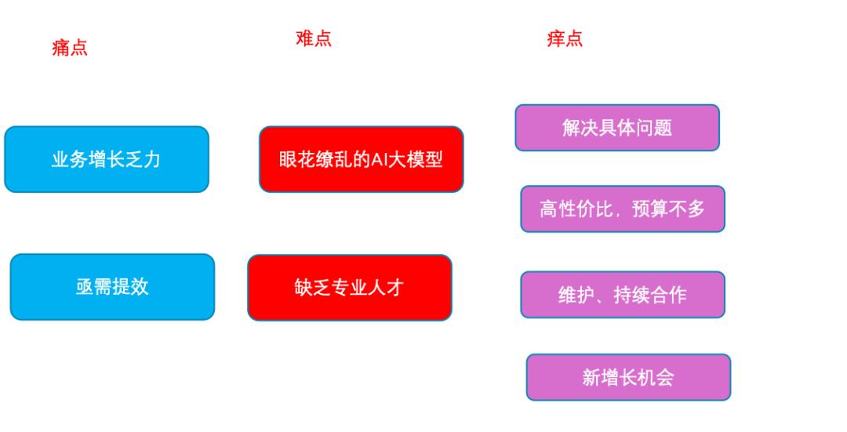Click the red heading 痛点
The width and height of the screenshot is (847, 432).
[x=70, y=48]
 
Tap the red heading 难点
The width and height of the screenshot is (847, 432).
[x=314, y=38]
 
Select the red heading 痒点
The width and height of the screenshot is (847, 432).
[x=565, y=38]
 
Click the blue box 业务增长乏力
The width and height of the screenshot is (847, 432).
[x=107, y=159]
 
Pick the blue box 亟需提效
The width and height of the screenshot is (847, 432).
[x=112, y=287]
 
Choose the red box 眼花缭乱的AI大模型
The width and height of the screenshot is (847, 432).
[x=361, y=159]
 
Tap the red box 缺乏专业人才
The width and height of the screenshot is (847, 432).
[x=350, y=288]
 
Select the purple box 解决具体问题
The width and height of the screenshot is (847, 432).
[x=617, y=128]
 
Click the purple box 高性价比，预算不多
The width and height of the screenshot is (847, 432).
[x=623, y=209]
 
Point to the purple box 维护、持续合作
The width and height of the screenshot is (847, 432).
[x=623, y=295]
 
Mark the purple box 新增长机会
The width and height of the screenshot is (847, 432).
[x=628, y=377]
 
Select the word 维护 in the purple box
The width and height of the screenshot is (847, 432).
[x=576, y=295]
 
